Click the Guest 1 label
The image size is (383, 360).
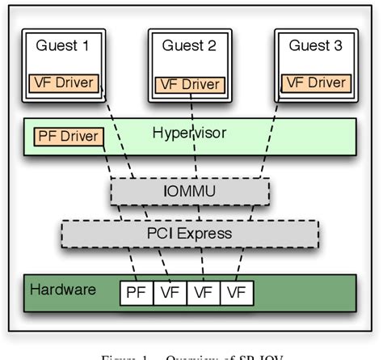coord(62,46)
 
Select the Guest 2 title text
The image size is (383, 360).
coord(189,46)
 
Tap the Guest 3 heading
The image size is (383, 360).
coord(314,46)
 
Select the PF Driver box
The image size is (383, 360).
coord(69,136)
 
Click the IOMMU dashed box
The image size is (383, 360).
coord(189,191)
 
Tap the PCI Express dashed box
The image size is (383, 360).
coord(190,234)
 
